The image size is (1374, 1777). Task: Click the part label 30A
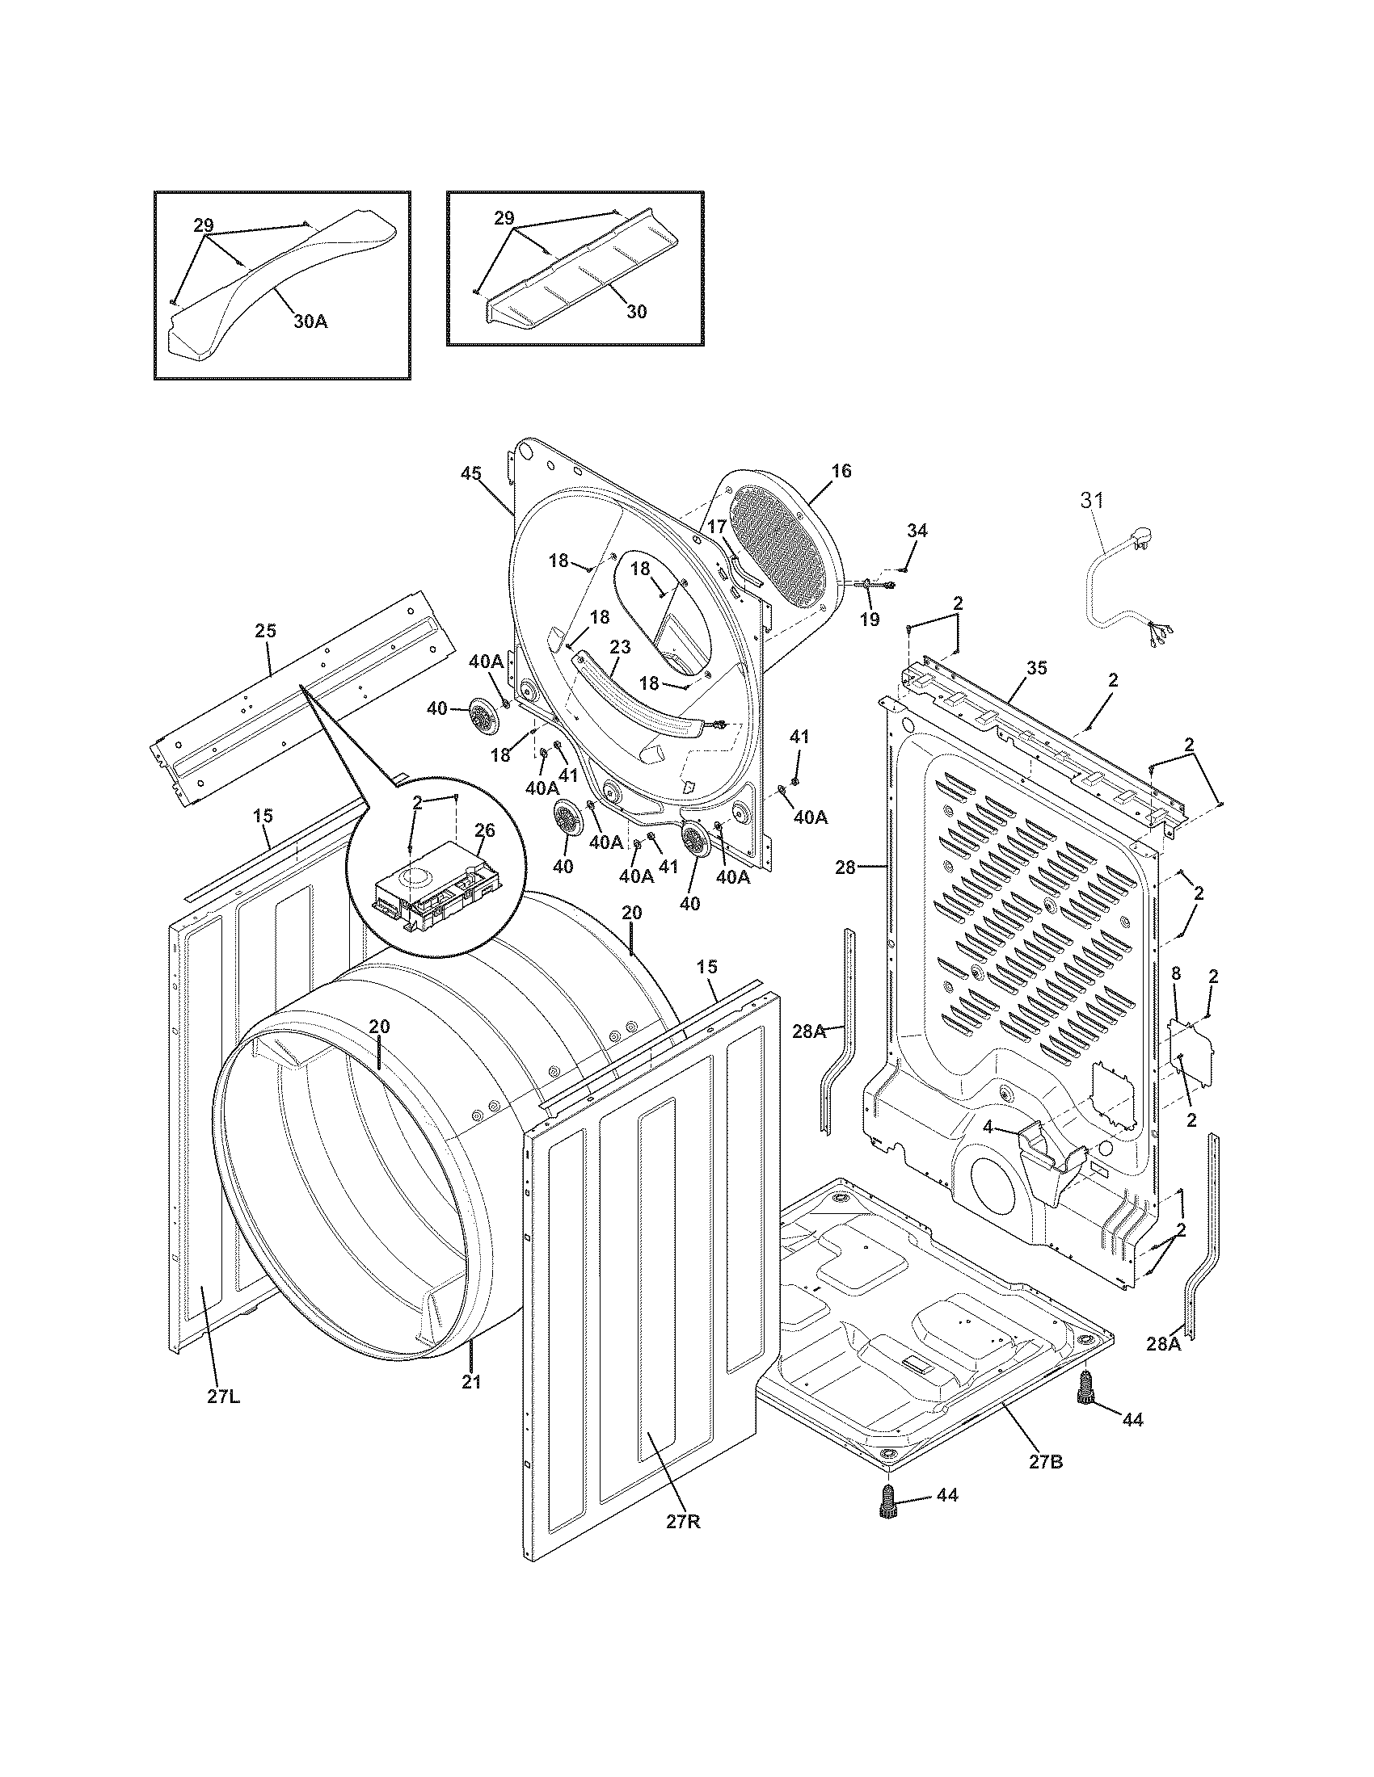(310, 321)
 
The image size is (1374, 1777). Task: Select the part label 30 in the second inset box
(637, 311)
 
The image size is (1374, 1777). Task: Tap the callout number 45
(470, 473)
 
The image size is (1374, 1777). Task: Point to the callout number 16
(841, 470)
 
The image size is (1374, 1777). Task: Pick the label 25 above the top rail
(265, 630)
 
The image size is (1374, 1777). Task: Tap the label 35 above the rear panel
(1036, 668)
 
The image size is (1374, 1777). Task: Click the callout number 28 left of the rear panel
(845, 867)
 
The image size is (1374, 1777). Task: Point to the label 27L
(223, 1397)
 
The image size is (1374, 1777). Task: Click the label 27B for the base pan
(1045, 1461)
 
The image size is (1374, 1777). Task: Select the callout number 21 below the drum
(472, 1380)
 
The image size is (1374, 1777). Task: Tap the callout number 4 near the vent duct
(988, 1128)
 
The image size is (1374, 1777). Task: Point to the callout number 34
(917, 531)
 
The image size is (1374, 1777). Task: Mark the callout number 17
(715, 527)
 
